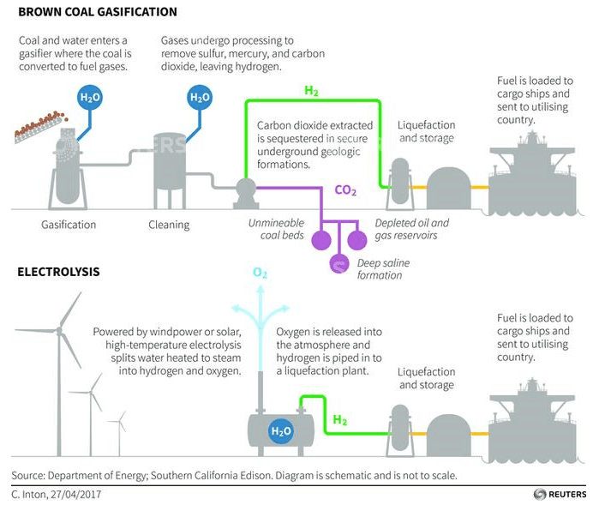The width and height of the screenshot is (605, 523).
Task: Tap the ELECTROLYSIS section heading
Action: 58,272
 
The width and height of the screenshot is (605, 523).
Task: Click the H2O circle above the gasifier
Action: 89,98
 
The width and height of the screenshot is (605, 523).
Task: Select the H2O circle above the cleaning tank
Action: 199,98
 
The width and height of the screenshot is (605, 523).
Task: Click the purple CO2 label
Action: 347,190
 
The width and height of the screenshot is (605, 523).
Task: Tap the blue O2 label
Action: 260,274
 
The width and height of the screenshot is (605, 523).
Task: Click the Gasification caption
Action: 69,225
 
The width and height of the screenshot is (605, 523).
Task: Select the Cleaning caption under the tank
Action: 172,225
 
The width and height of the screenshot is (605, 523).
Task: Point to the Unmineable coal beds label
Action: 276,229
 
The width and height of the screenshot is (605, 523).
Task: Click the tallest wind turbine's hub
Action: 59,330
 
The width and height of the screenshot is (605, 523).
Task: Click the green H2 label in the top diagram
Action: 313,90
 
